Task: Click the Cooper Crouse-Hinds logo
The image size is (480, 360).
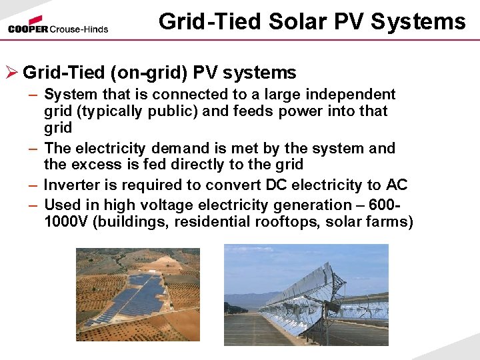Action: (x=58, y=25)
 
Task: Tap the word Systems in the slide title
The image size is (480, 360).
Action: (x=418, y=22)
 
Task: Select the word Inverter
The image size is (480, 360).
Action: (x=70, y=185)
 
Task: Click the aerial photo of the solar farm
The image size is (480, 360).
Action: (x=137, y=295)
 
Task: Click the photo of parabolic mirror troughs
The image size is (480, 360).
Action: (x=306, y=295)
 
